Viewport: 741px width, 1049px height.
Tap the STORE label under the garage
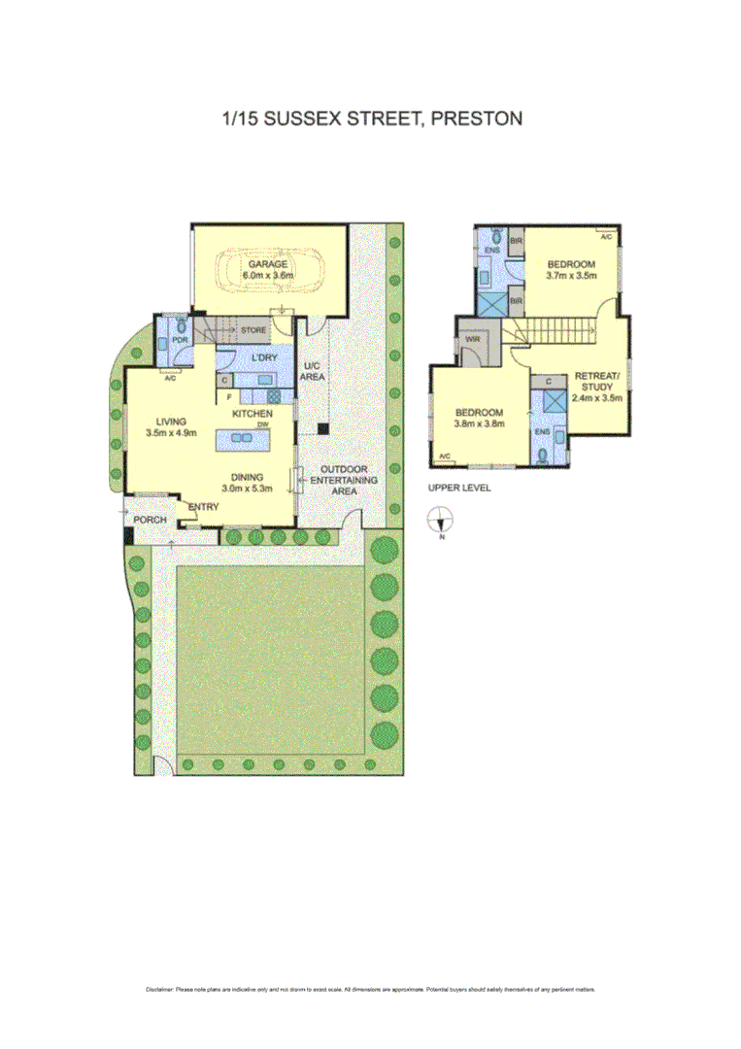253,330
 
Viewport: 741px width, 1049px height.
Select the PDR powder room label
180,341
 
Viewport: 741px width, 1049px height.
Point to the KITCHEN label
251,415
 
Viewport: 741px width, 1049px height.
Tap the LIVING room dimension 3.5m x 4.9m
166,434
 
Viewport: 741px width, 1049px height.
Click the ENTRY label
203,507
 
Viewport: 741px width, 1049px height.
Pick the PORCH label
150,520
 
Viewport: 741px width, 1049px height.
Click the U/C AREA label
311,370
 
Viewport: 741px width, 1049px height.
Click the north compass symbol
440,520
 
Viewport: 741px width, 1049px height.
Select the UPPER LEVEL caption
459,488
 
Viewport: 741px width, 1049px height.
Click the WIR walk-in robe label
474,340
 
